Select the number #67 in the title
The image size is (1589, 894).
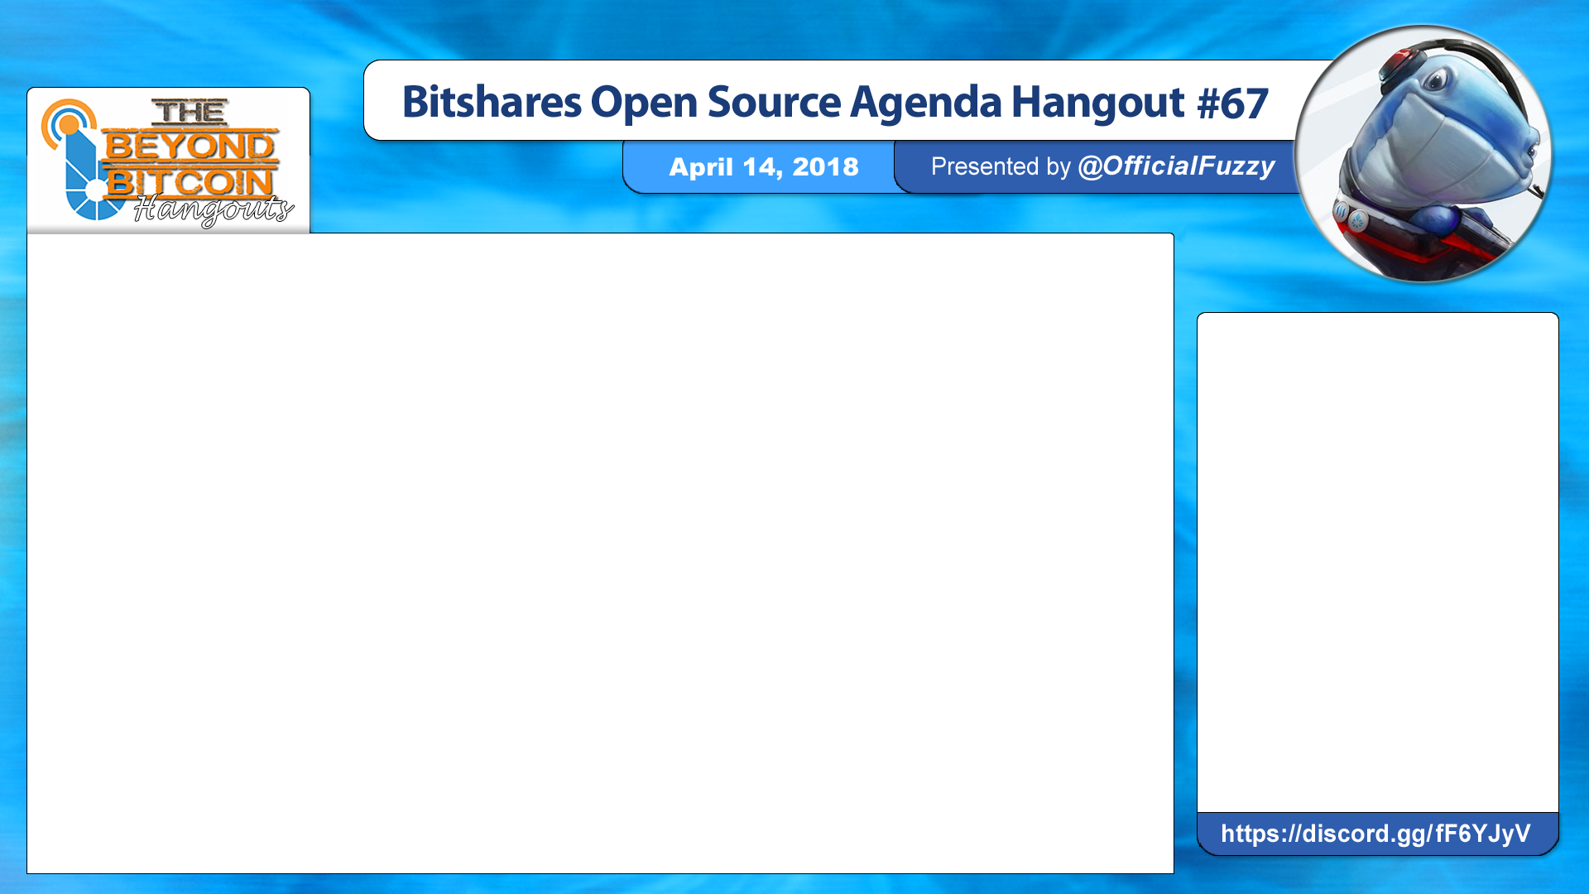point(1232,103)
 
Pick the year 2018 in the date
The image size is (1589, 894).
point(825,167)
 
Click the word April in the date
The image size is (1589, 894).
point(701,168)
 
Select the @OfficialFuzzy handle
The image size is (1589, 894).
point(1176,166)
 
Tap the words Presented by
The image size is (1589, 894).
point(1001,166)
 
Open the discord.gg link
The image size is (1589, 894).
point(1375,834)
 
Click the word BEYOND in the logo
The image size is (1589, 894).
point(190,147)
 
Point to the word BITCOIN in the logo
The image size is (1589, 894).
point(190,182)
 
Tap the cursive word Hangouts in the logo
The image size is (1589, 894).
point(214,209)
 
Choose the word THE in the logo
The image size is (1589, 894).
point(190,112)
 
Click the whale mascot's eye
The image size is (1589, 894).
point(1438,80)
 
